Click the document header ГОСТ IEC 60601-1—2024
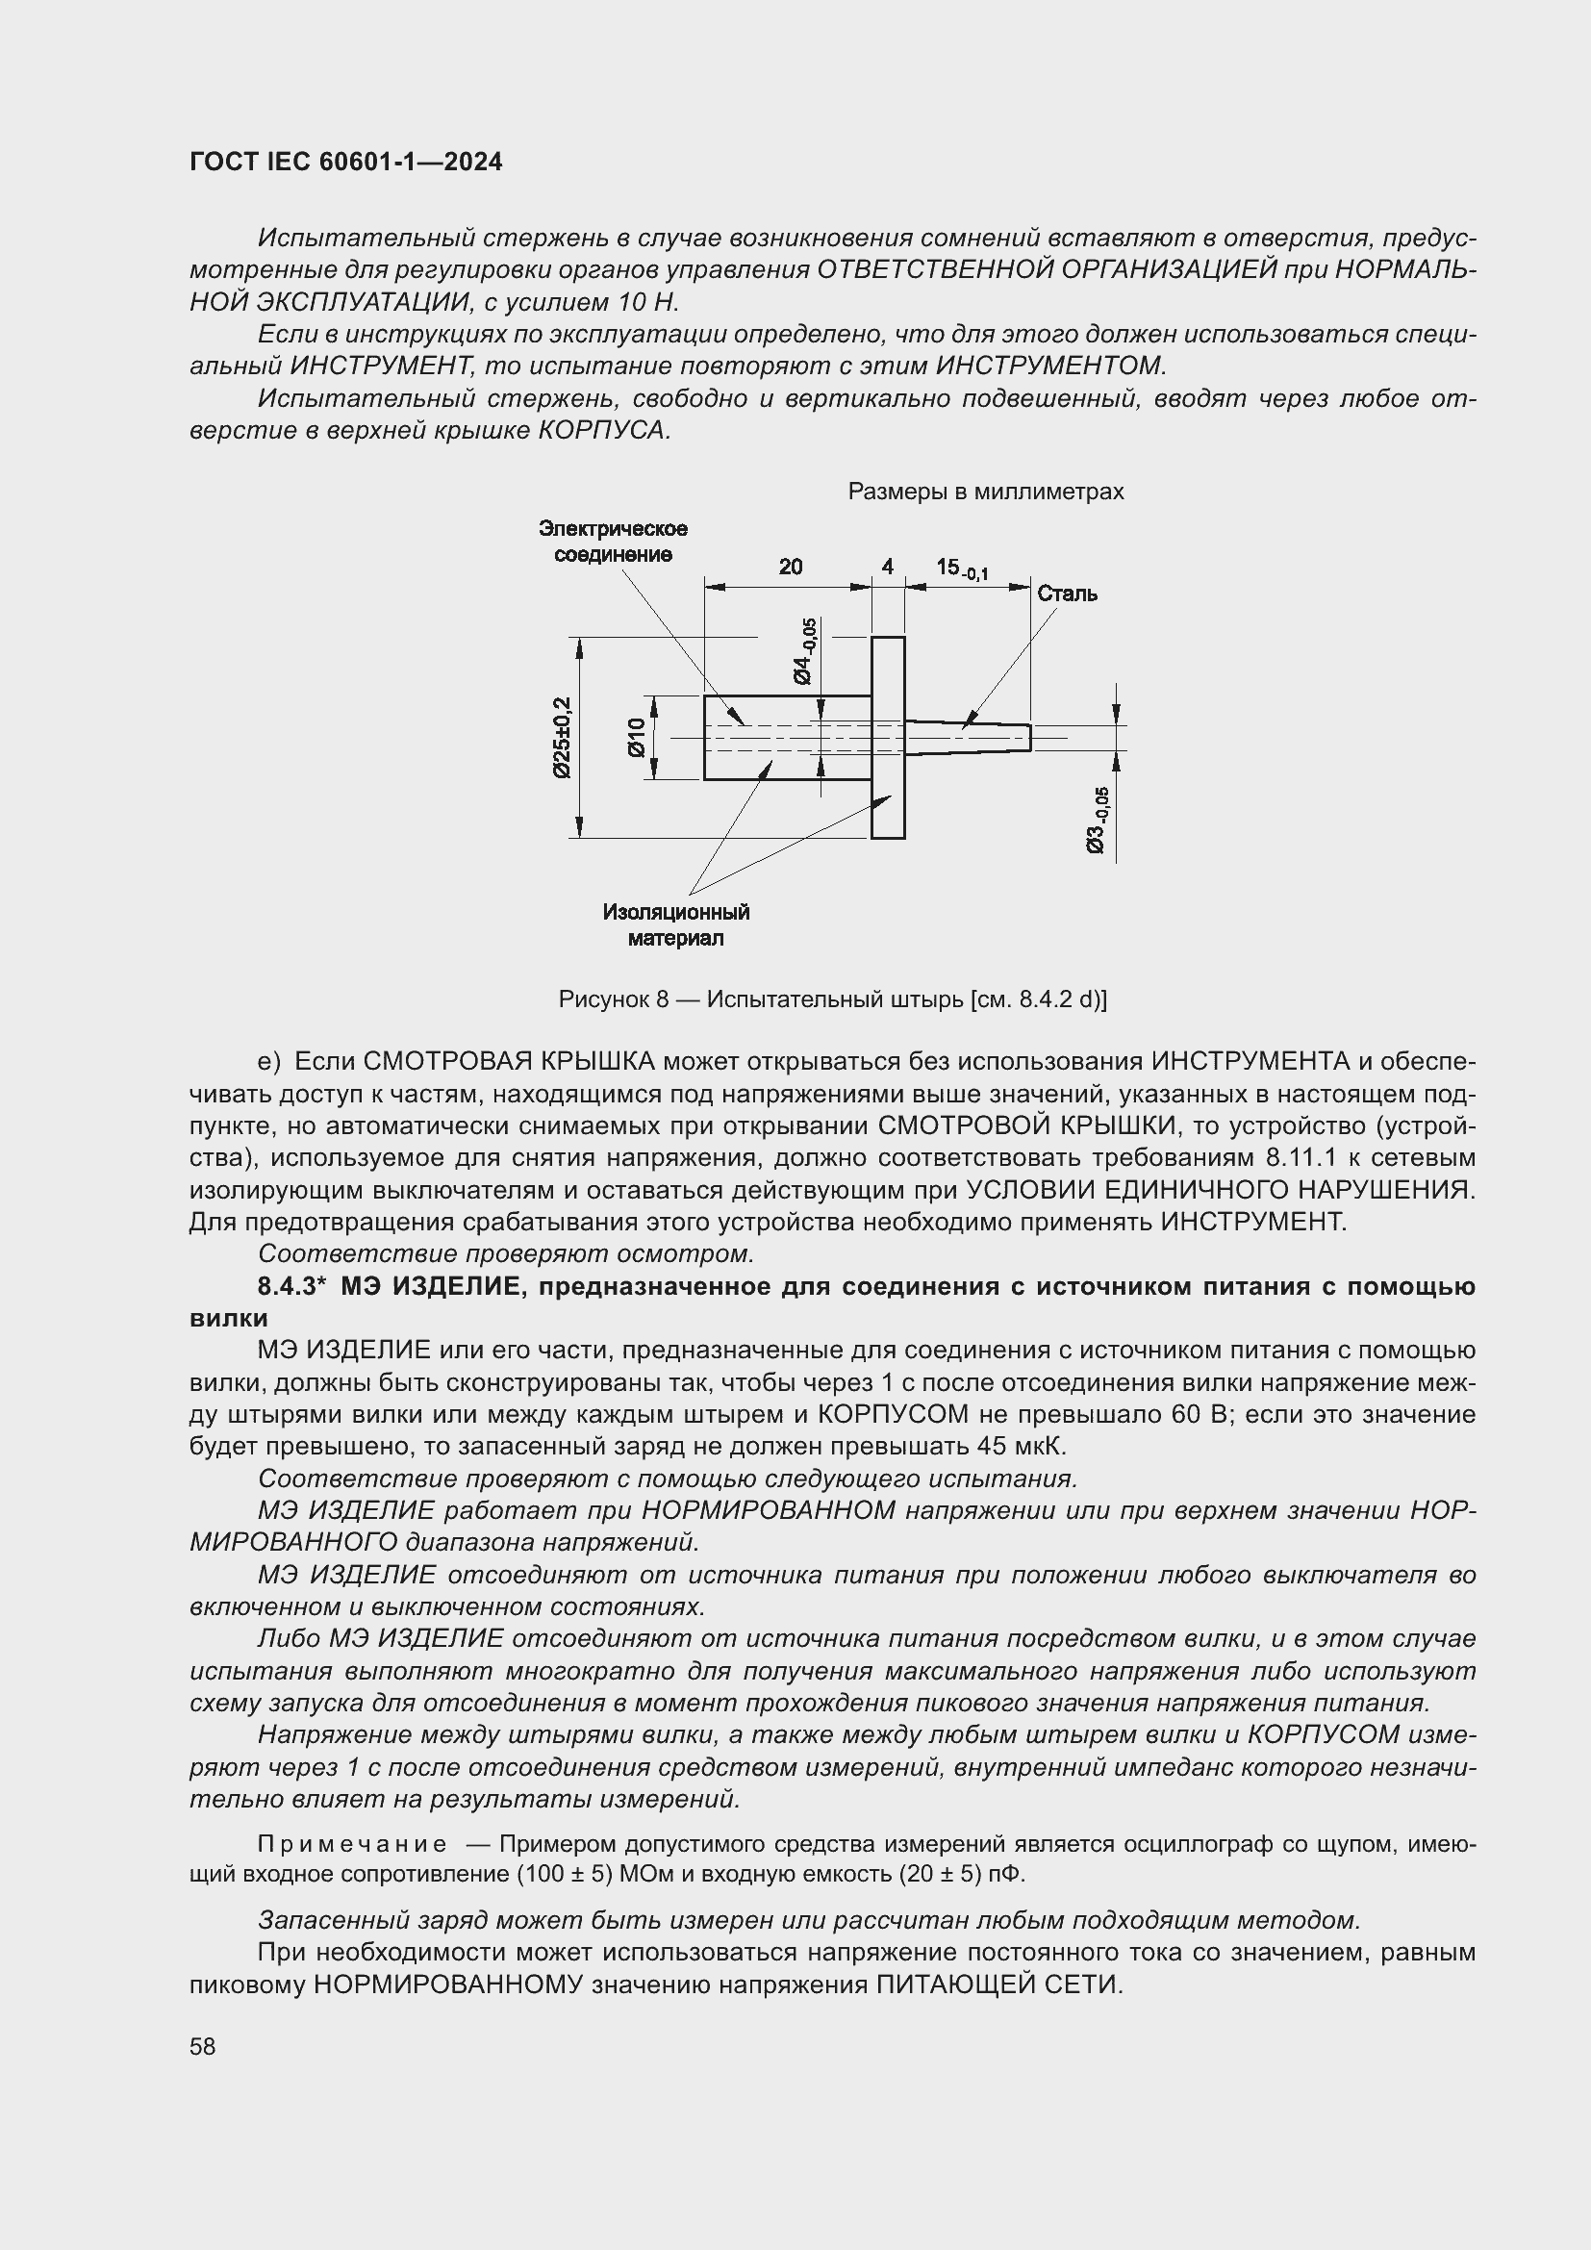(x=345, y=163)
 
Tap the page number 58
(x=203, y=2046)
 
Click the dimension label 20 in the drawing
(x=791, y=567)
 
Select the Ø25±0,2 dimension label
(x=562, y=737)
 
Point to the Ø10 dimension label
(x=636, y=737)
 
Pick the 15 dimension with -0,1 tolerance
(x=961, y=569)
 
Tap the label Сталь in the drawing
(x=1067, y=594)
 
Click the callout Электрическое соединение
(x=614, y=541)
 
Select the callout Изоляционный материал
(x=676, y=924)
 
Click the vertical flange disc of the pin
(x=888, y=737)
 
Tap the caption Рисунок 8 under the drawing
(x=832, y=999)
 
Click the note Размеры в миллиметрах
(x=986, y=492)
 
